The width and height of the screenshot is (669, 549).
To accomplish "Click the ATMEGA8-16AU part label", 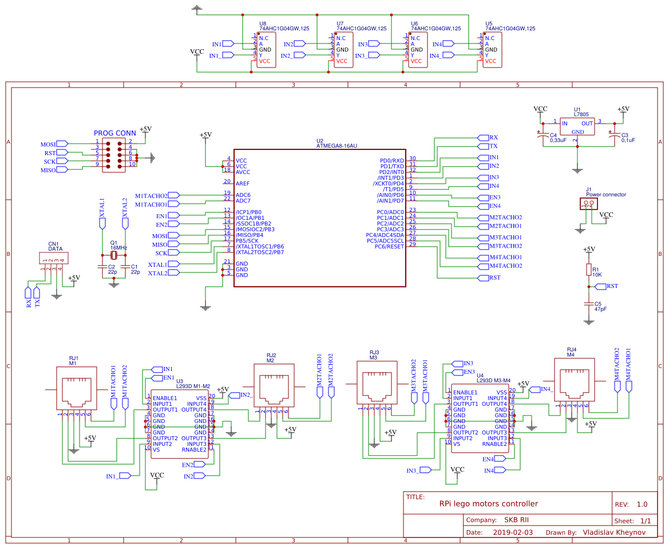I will [x=337, y=146].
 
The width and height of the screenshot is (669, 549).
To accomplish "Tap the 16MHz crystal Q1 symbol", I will [x=114, y=255].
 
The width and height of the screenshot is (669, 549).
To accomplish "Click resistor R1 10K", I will [x=588, y=270].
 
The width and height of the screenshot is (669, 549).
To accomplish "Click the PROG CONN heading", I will [x=114, y=133].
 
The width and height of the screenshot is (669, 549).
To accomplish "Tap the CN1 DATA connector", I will [x=52, y=259].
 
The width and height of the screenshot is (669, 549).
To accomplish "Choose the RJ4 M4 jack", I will [x=571, y=380].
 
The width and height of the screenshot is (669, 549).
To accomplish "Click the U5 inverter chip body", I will [x=492, y=50].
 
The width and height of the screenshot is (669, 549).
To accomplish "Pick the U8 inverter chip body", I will [x=266, y=50].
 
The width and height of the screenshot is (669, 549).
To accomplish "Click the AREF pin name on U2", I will [x=242, y=183].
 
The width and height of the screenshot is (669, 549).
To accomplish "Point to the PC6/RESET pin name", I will [x=389, y=246].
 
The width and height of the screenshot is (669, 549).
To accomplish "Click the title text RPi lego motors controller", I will [x=488, y=504].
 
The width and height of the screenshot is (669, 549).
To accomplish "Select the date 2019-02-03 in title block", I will [x=513, y=532].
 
